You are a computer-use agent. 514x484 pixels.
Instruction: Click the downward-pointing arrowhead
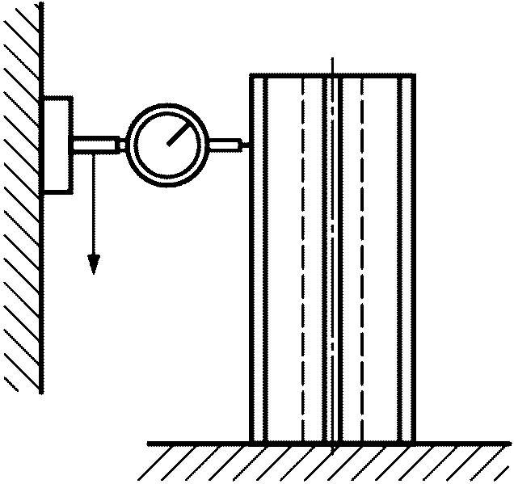94,263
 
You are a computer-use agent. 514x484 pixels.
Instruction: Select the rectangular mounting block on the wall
57,145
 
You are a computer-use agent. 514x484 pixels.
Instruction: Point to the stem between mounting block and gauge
98,145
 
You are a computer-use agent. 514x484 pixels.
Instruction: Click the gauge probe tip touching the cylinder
246,145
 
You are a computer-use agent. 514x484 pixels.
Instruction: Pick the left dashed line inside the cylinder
302,259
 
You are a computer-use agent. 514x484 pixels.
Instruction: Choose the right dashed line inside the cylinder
362,259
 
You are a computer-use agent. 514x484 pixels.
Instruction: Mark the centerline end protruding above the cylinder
332,65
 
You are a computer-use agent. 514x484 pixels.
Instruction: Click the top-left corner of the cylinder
251,75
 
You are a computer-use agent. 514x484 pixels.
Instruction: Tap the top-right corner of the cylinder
415,75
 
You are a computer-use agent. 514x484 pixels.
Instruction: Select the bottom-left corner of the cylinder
251,443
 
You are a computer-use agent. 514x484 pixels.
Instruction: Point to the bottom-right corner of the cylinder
415,443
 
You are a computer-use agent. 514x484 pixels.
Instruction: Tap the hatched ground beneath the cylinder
323,462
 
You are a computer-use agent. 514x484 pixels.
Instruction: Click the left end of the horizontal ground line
150,443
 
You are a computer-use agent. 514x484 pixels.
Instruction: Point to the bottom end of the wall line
42,393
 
